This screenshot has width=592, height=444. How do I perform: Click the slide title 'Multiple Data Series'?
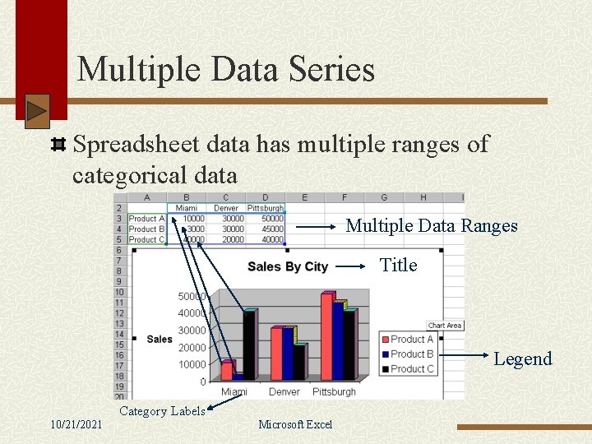(x=225, y=69)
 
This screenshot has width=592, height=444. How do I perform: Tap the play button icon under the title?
(x=37, y=111)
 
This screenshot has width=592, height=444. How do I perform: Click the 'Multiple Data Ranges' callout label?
(x=432, y=225)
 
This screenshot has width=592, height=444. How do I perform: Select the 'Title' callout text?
(x=399, y=265)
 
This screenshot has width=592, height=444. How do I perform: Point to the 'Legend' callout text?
(x=522, y=358)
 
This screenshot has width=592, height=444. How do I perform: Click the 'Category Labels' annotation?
(x=162, y=411)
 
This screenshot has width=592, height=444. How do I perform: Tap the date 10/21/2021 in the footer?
(x=76, y=424)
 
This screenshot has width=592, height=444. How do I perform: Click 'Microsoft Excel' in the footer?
(x=295, y=424)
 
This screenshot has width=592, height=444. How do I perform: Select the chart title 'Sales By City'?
(x=287, y=266)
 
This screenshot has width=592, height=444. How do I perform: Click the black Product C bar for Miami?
(x=248, y=345)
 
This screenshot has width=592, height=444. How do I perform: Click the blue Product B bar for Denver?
(x=288, y=354)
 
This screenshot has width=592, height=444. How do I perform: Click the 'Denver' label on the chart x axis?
(x=284, y=392)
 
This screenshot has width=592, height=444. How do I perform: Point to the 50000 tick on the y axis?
(x=192, y=296)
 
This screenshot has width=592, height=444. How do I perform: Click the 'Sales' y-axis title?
(x=160, y=339)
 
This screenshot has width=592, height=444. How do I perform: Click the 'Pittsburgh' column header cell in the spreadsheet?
(x=265, y=208)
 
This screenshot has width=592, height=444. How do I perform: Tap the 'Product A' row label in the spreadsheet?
(x=146, y=219)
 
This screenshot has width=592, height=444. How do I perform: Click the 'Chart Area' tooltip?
(x=445, y=326)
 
